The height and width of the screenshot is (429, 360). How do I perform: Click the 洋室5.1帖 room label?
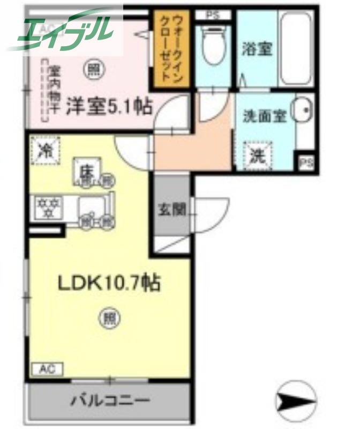tap(108, 106)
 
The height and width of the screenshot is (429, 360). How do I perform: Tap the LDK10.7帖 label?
tap(109, 283)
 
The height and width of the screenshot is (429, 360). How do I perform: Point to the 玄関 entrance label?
tap(172, 209)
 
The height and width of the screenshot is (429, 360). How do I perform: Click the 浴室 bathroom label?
tap(257, 49)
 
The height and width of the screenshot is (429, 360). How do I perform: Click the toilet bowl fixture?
tap(213, 43)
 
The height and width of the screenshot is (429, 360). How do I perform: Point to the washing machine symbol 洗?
tap(258, 155)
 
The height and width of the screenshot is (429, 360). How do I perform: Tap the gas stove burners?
tap(49, 208)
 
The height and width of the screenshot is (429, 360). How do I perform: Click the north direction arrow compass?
tap(295, 399)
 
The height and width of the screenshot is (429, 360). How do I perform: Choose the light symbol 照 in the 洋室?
tap(94, 68)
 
